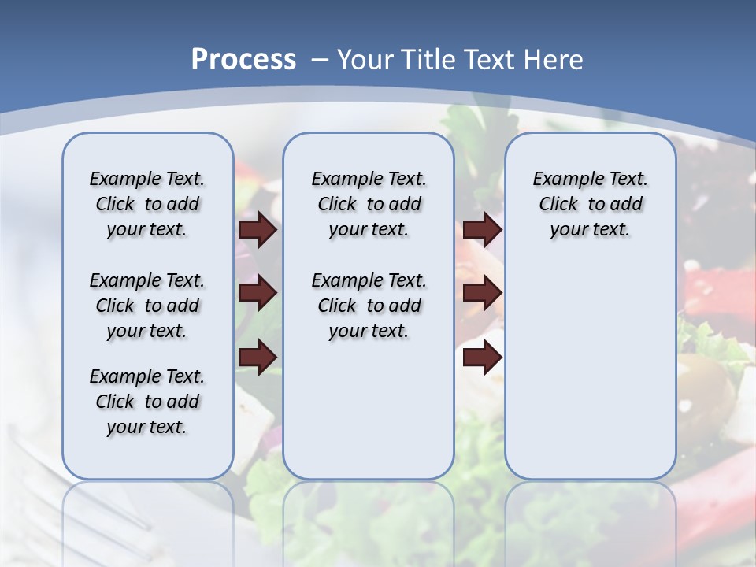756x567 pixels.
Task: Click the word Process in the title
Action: (x=243, y=60)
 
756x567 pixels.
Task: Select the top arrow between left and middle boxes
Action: (x=258, y=229)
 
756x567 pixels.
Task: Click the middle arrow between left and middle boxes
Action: (x=258, y=293)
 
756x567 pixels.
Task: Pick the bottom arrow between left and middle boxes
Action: (x=258, y=356)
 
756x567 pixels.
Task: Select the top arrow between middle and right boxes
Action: (x=483, y=229)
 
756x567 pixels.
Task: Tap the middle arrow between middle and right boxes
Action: (x=483, y=293)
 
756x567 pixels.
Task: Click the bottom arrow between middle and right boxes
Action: (x=483, y=357)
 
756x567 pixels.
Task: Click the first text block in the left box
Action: (x=147, y=204)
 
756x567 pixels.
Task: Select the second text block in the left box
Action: (x=147, y=306)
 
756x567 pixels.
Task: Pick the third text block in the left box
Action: (x=147, y=402)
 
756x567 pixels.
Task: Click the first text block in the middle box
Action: (x=369, y=204)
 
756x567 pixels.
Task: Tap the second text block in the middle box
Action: (x=369, y=306)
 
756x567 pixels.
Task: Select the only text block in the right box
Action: (x=590, y=204)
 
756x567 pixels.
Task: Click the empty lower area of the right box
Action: (x=590, y=378)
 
